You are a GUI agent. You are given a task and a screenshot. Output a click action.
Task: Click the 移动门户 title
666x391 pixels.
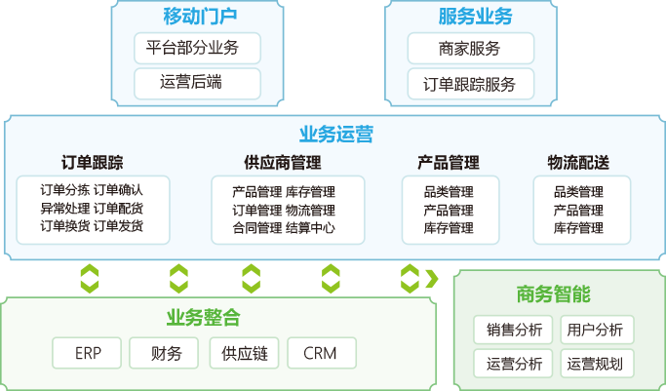(201, 17)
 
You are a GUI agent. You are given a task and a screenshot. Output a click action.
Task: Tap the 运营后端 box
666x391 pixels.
(198, 83)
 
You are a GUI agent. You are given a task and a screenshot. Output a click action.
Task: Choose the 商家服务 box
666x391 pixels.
(472, 48)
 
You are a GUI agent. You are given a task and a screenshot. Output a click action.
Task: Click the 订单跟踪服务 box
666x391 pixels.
(472, 83)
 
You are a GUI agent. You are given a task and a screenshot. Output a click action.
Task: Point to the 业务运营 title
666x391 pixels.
(335, 135)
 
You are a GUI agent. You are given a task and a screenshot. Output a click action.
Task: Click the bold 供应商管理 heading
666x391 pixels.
(283, 163)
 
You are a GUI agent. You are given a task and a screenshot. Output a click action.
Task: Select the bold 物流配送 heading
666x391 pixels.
(578, 163)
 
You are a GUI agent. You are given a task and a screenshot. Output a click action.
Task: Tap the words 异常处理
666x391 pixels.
(65, 209)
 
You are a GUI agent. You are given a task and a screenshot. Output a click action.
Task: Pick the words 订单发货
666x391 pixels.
(119, 226)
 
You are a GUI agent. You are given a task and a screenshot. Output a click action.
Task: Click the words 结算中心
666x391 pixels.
(311, 228)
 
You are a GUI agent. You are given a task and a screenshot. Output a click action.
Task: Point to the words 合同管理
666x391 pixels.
(257, 228)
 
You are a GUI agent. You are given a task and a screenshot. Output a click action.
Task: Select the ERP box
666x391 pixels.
(89, 353)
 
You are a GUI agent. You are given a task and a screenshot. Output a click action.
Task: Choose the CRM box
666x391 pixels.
(319, 353)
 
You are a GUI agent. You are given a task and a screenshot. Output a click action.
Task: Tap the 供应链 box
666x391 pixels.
(245, 353)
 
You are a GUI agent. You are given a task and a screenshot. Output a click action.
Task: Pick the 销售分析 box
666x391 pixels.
(514, 330)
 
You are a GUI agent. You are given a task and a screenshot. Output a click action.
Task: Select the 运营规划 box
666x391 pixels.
(596, 364)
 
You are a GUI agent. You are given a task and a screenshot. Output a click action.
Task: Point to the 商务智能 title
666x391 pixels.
(554, 294)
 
